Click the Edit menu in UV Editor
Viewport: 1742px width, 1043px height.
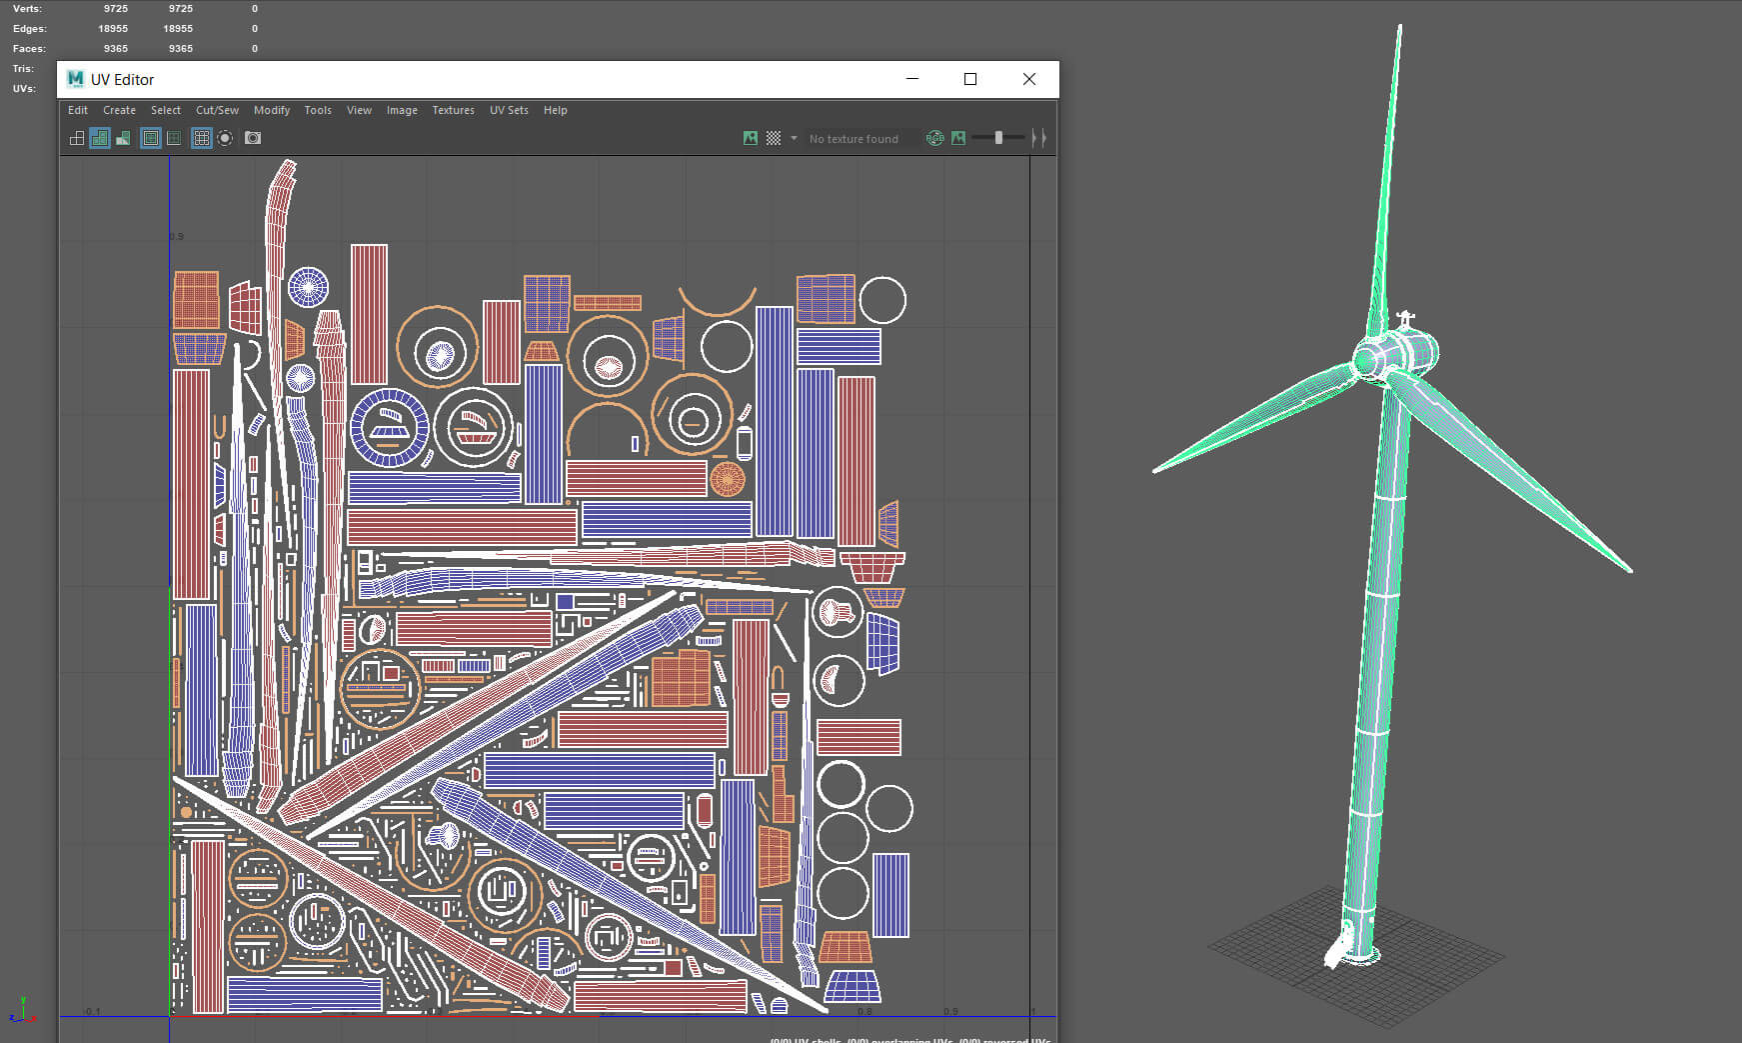[x=78, y=110]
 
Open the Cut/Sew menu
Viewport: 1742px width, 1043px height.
[x=217, y=110]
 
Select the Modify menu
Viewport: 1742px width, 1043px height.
[x=271, y=110]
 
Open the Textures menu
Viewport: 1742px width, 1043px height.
[x=453, y=110]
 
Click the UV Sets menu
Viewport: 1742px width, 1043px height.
[x=509, y=110]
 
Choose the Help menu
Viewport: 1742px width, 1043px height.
[x=555, y=110]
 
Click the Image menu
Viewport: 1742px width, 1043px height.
[x=402, y=110]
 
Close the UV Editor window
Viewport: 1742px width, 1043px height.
[x=1028, y=79]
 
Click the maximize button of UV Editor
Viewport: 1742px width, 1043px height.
[x=969, y=79]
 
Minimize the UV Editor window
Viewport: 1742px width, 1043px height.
[x=911, y=79]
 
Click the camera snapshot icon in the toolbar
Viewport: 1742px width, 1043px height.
[x=253, y=138]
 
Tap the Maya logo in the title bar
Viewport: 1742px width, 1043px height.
[x=75, y=79]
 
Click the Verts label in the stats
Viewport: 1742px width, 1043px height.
[x=27, y=9]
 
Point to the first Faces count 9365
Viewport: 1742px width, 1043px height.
[x=116, y=49]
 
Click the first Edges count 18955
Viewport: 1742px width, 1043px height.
[x=113, y=29]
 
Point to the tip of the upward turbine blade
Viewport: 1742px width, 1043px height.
[x=1399, y=28]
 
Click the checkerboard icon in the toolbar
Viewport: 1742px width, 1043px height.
[x=774, y=138]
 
